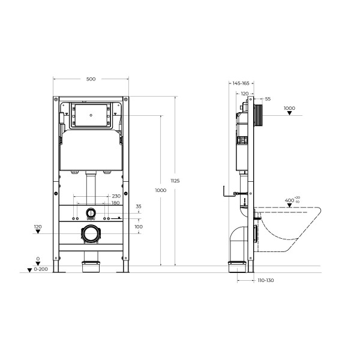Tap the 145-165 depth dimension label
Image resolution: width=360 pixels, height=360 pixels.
pyautogui.click(x=242, y=84)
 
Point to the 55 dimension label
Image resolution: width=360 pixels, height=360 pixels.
pyautogui.click(x=268, y=98)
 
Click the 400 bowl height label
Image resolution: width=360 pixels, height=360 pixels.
pyautogui.click(x=290, y=200)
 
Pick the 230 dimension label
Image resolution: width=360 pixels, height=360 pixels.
pyautogui.click(x=116, y=196)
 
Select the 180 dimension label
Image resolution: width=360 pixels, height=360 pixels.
pyautogui.click(x=115, y=203)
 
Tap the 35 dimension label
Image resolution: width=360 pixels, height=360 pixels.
pyautogui.click(x=139, y=206)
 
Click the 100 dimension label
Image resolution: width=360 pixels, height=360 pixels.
pyautogui.click(x=139, y=227)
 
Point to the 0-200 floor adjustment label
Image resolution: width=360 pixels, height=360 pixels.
pyautogui.click(x=41, y=271)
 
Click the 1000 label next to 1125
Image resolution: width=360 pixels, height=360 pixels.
pyautogui.click(x=160, y=190)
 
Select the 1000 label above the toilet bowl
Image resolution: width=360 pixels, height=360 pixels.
pyautogui.click(x=289, y=109)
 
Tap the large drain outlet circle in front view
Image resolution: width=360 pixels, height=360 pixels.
pyautogui.click(x=91, y=234)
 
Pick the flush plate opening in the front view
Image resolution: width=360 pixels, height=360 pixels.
pyautogui.click(x=91, y=116)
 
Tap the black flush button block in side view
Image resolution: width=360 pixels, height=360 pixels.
pyautogui.click(x=259, y=115)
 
